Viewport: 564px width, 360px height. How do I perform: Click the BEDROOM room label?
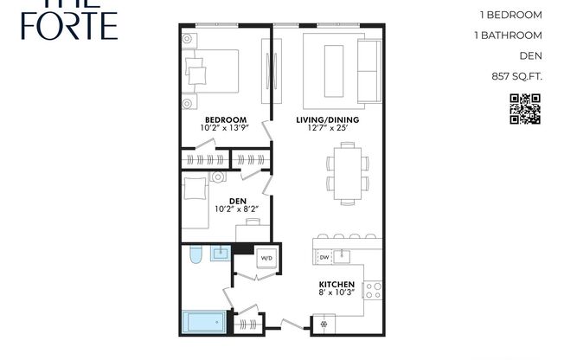[225, 119]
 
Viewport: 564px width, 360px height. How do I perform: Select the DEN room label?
[237, 200]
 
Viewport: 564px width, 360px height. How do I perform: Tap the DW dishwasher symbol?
[324, 257]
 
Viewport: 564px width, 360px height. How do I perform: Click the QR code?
[525, 108]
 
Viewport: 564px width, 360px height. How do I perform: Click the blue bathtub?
[204, 324]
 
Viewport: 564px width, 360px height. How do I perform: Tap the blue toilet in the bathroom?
[195, 255]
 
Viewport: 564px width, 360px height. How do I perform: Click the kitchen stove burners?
[374, 290]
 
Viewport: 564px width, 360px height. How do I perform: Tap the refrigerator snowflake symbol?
[324, 325]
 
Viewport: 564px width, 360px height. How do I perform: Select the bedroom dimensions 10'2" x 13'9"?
[225, 129]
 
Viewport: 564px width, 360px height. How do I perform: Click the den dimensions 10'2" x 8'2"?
[237, 209]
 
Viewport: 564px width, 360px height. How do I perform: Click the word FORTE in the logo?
[59, 26]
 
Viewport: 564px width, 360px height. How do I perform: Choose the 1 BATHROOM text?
[509, 35]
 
